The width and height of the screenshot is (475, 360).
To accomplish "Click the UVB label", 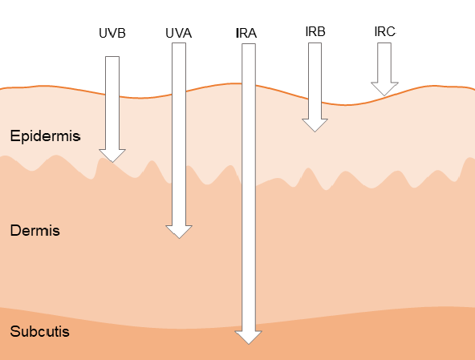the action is pos(112,33).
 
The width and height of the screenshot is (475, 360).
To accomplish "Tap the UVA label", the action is pos(179,33).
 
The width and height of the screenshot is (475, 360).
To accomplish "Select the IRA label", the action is pos(246,33).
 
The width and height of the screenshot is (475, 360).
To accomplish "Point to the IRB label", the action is pos(315,31).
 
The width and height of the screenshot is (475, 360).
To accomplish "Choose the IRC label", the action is pos(384,31).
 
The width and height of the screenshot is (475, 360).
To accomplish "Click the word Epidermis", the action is pos(45,136).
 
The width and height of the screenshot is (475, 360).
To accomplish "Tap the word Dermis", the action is pos(35,230).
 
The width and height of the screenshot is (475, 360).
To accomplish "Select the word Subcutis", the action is pos(39,331).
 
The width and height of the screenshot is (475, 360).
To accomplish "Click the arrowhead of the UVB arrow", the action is pos(112,156).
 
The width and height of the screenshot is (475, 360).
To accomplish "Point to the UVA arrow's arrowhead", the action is pos(179,232).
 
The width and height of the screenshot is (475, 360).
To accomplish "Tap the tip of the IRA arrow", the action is pos(249,344).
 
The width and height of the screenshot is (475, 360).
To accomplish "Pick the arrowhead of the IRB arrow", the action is pos(315,125).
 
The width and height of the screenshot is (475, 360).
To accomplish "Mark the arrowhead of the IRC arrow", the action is pos(384,89).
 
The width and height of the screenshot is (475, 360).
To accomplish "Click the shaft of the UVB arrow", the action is pos(112,103).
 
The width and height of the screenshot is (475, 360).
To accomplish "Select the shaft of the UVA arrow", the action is pos(179,134).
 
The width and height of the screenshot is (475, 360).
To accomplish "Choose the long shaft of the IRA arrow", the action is pos(249,188).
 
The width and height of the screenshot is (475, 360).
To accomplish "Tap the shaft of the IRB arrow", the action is pos(315,81).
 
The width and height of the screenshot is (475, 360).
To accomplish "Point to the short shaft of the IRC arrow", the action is pos(384,63).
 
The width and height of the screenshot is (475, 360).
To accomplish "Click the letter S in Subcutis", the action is pos(14,331).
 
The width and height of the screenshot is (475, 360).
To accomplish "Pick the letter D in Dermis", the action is pos(14,230).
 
